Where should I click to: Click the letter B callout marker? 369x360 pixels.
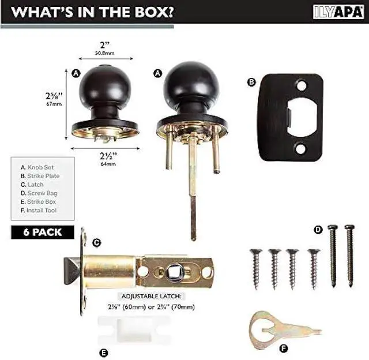tap(251, 82)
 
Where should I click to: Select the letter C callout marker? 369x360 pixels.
tap(96, 243)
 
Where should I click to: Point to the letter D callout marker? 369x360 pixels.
tap(318, 230)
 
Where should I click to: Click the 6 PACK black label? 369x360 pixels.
tap(43, 232)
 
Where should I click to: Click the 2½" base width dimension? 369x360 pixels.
tap(104, 156)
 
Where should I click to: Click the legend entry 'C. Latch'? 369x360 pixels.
tap(32, 184)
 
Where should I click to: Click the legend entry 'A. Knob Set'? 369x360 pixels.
tap(36, 167)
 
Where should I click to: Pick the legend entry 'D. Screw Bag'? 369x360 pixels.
tap(39, 193)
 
